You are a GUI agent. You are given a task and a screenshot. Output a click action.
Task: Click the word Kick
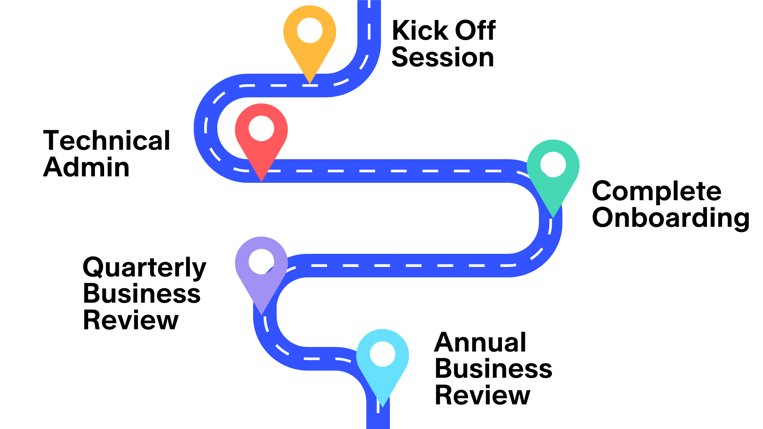click(420, 31)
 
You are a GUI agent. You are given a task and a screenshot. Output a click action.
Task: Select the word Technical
click(107, 141)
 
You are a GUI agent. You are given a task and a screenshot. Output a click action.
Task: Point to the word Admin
click(86, 168)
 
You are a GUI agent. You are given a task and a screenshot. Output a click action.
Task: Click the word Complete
click(656, 191)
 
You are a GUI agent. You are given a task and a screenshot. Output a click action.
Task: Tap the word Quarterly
click(144, 268)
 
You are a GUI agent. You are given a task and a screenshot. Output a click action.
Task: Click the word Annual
click(480, 342)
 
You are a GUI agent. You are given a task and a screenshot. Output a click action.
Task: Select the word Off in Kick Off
click(475, 31)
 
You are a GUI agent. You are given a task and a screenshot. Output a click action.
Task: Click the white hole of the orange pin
click(310, 31)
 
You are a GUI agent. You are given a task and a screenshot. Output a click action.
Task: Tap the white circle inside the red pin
click(261, 128)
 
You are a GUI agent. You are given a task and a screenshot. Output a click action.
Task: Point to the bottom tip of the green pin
click(553, 216)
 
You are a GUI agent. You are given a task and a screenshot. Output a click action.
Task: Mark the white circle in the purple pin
click(261, 261)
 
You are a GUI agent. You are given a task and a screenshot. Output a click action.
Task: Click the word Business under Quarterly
click(141, 294)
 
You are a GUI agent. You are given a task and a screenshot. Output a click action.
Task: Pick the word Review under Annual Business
click(482, 396)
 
